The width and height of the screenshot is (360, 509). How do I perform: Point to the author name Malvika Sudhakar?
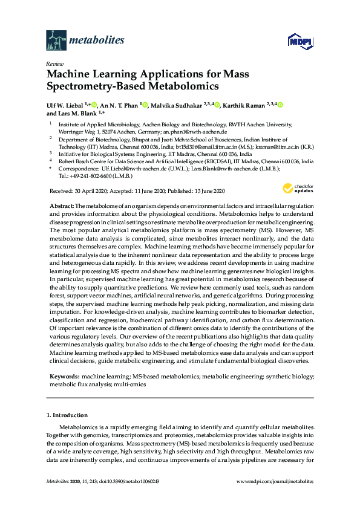pos(175,105)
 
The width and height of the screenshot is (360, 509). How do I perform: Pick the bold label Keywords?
pos(64,377)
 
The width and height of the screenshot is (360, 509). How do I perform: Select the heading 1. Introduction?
pos(67,416)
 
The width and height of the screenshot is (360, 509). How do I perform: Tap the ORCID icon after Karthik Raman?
pos(280,105)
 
